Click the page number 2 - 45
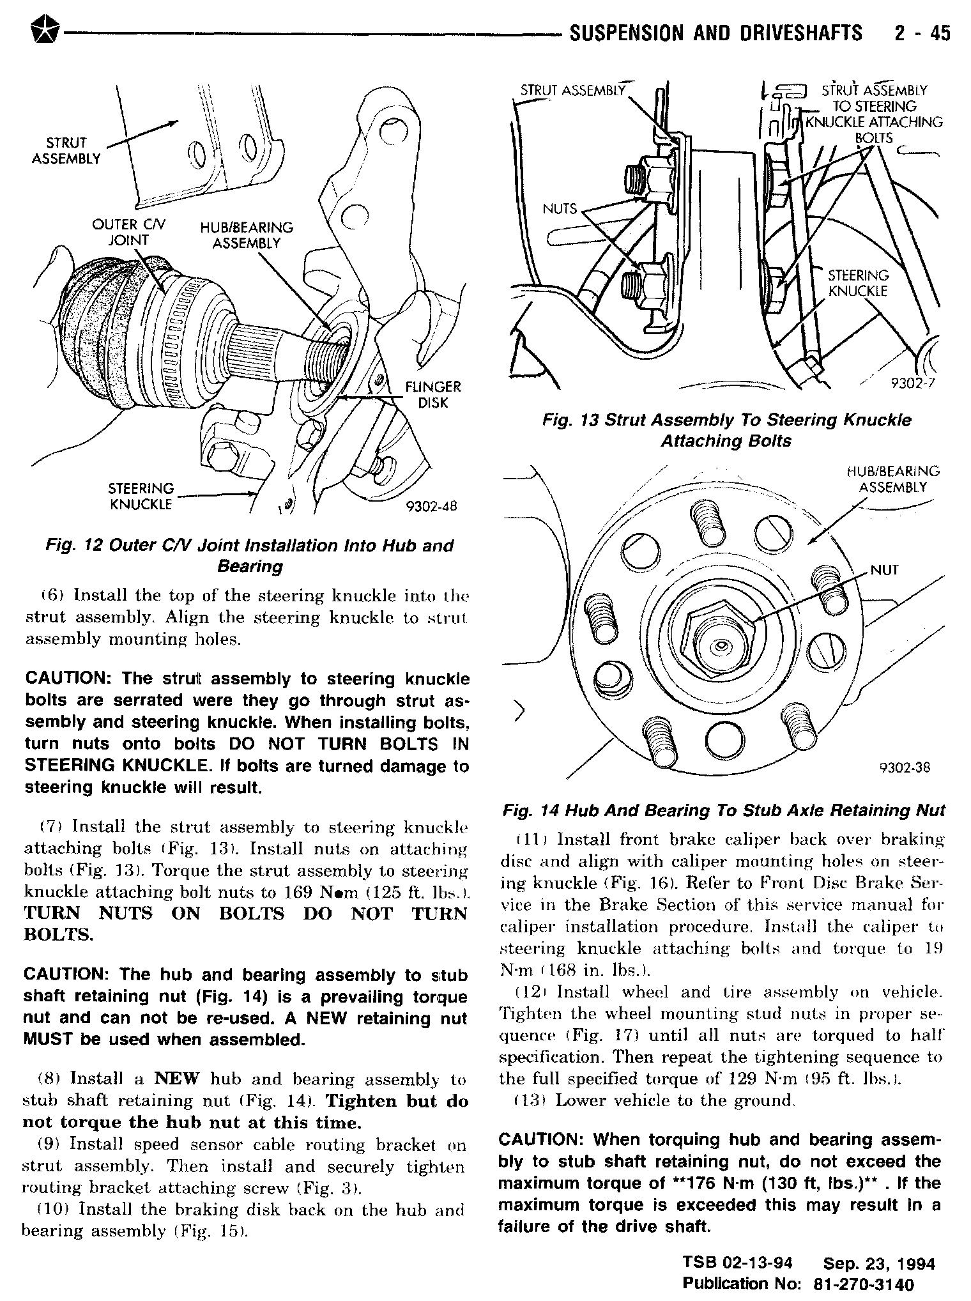click(922, 33)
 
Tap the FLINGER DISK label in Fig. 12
click(433, 395)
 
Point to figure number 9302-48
click(432, 507)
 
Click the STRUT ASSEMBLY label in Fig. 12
click(66, 151)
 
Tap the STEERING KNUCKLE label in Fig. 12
click(141, 497)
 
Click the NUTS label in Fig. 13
click(560, 209)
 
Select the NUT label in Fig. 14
click(885, 570)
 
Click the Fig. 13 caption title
click(726, 431)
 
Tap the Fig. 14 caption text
click(724, 811)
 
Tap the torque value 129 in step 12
click(742, 1079)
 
